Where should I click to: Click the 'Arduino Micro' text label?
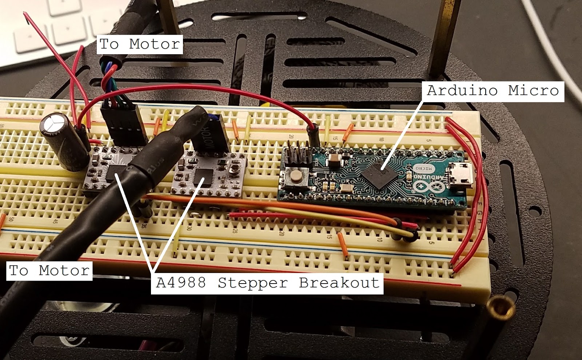coord(493,91)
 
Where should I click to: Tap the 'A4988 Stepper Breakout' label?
coord(267,283)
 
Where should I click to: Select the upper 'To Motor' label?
coord(140,44)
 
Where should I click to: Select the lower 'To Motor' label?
coord(49,270)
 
